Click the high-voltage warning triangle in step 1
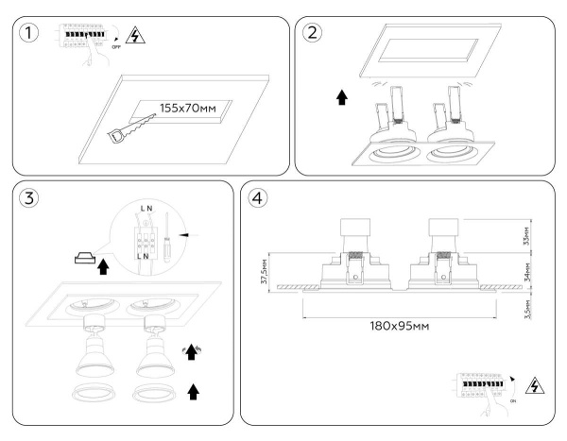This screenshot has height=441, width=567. point(136,35)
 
